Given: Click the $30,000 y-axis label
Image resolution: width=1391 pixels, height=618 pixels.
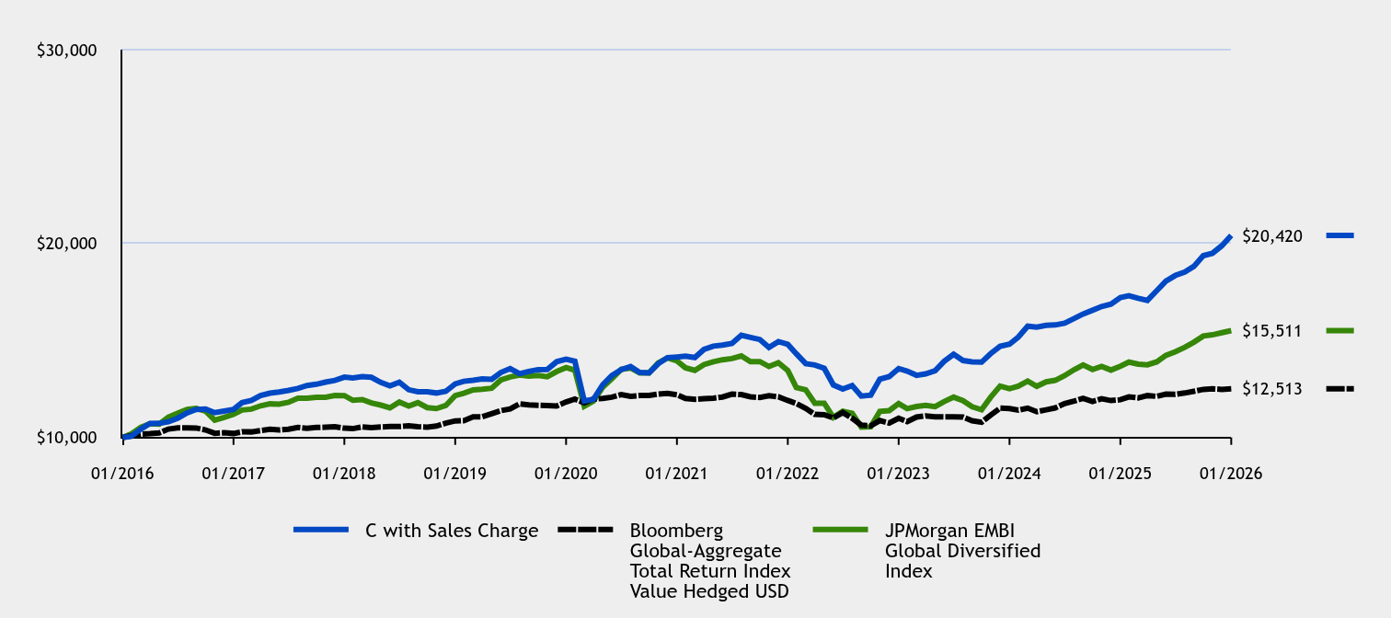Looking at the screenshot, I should point(66,51).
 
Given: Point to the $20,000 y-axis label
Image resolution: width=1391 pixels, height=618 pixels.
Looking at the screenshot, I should point(66,244).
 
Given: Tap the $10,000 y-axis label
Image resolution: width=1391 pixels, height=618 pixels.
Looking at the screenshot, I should point(66,438).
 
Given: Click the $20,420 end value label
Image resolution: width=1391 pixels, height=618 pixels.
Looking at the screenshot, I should point(1271,236).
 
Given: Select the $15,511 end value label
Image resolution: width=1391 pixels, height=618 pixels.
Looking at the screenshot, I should point(1271,330).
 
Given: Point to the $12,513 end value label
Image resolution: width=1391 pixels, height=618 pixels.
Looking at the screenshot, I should point(1271,389).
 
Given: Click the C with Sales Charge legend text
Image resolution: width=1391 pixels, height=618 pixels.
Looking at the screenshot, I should point(451,531).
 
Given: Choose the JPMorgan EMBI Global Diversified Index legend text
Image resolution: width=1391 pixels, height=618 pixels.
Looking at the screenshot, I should point(962,550).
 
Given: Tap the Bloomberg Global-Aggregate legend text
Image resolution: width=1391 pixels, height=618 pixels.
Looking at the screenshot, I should point(709,560).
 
